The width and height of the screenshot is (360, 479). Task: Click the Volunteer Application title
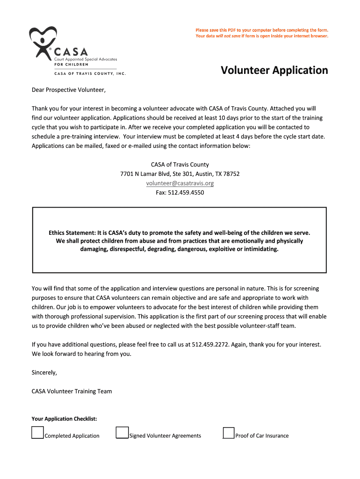[274, 70]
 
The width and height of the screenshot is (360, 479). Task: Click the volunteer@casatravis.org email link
[180, 183]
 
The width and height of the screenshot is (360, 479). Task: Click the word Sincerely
[44, 372]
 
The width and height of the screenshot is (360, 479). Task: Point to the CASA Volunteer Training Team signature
[72, 391]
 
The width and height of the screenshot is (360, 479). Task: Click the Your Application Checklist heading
[64, 419]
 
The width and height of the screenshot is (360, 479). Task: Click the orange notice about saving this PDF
[262, 33]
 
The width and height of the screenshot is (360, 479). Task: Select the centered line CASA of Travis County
[180, 164]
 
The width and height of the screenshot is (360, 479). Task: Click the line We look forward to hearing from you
[81, 354]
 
